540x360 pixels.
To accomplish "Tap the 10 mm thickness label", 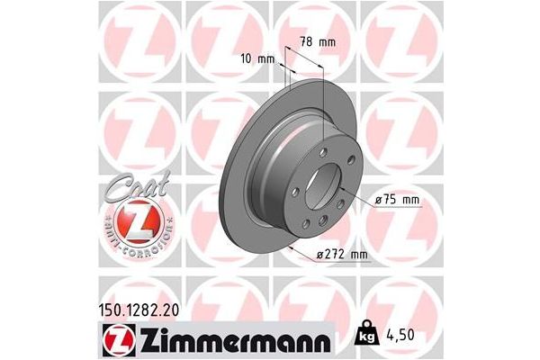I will [x=259, y=58].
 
